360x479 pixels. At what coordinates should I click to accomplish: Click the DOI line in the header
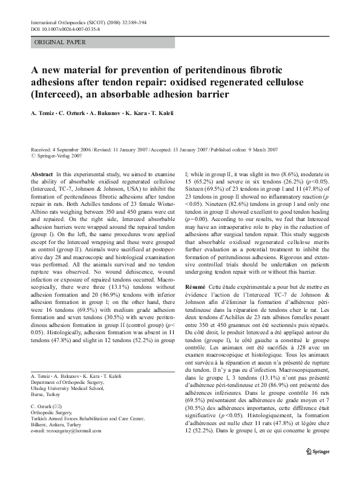click(x=65, y=28)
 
